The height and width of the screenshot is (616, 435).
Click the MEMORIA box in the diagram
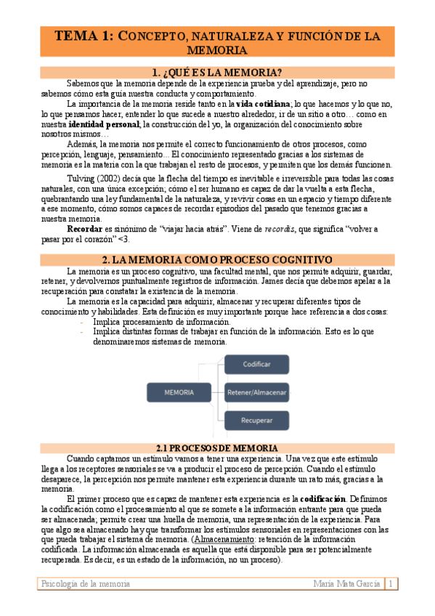[179, 392]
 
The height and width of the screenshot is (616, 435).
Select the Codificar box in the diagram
[257, 364]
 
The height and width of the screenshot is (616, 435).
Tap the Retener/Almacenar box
[257, 392]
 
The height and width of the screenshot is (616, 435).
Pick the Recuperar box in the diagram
[257, 421]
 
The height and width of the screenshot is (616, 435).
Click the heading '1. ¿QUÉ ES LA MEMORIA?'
[217, 72]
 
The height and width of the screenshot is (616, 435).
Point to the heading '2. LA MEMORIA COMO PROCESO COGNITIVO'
[217, 259]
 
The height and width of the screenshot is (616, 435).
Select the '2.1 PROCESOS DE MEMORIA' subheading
[217, 448]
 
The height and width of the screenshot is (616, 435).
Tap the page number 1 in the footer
[391, 584]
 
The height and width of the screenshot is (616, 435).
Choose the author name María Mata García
[346, 584]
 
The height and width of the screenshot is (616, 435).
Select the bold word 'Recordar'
[84, 229]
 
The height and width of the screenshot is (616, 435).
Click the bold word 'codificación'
[323, 500]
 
